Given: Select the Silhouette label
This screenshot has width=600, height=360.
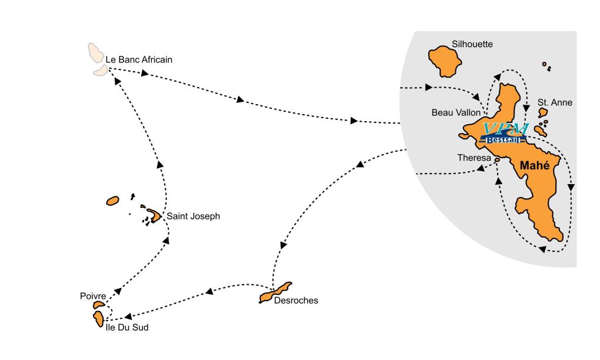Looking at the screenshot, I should pos(472,44).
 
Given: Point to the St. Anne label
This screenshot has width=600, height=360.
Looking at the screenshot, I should pos(555,102).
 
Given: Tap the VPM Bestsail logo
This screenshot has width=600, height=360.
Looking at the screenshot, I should pos(505,134).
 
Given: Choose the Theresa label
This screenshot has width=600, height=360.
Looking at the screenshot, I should pos(474,158).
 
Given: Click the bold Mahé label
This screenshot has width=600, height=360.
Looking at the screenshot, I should pos(534,166).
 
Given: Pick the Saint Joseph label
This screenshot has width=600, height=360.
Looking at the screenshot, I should pos(193,216).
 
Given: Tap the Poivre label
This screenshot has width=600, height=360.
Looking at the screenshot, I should pos(92,296).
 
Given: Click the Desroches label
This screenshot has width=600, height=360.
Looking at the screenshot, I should pos(296,301).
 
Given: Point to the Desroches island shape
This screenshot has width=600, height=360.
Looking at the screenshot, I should pos(275,293).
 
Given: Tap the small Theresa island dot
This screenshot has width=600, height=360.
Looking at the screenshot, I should pos(497,159).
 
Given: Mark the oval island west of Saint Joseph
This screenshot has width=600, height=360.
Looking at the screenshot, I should pos(112,201).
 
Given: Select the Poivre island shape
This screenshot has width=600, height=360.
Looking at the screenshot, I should pos(98,305).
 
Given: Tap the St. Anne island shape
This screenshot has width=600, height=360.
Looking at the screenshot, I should pos(542,112).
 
